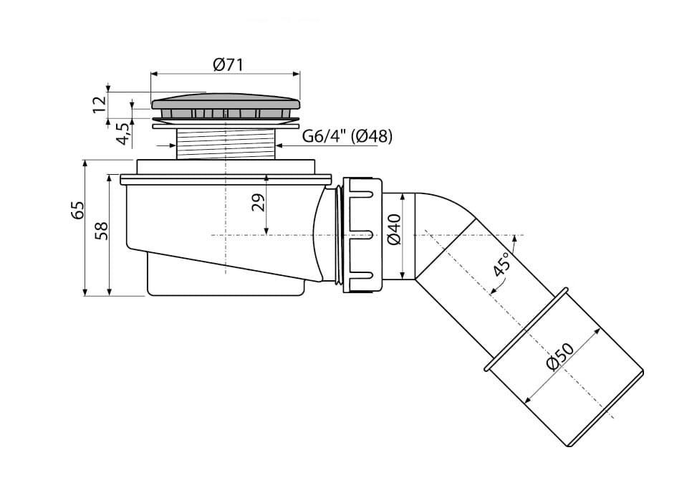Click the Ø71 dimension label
pyautogui.click(x=228, y=65)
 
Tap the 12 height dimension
pyautogui.click(x=100, y=104)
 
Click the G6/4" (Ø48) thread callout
pyautogui.click(x=347, y=136)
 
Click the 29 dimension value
pyautogui.click(x=259, y=202)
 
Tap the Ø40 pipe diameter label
pyautogui.click(x=394, y=229)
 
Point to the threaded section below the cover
pyautogui.click(x=226, y=143)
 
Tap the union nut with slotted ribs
pyautogui.click(x=362, y=234)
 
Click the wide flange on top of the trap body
pyautogui.click(x=226, y=178)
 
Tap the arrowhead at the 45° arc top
pyautogui.click(x=514, y=238)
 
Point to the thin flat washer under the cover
pyautogui.click(x=226, y=126)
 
